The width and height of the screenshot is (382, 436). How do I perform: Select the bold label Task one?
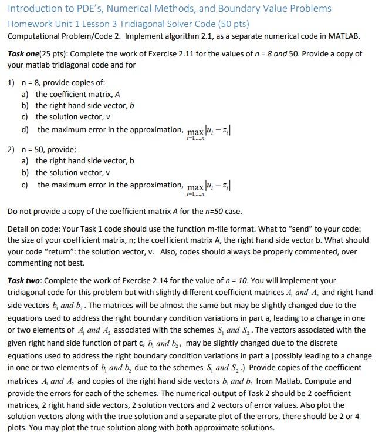[x=25, y=53]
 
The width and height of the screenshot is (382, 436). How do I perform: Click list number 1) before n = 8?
[x=12, y=82]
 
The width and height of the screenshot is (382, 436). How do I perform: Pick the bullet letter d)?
[x=26, y=129]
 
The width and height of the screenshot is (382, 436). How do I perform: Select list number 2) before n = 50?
[x=12, y=150]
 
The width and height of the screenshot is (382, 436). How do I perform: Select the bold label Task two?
[x=25, y=281]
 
